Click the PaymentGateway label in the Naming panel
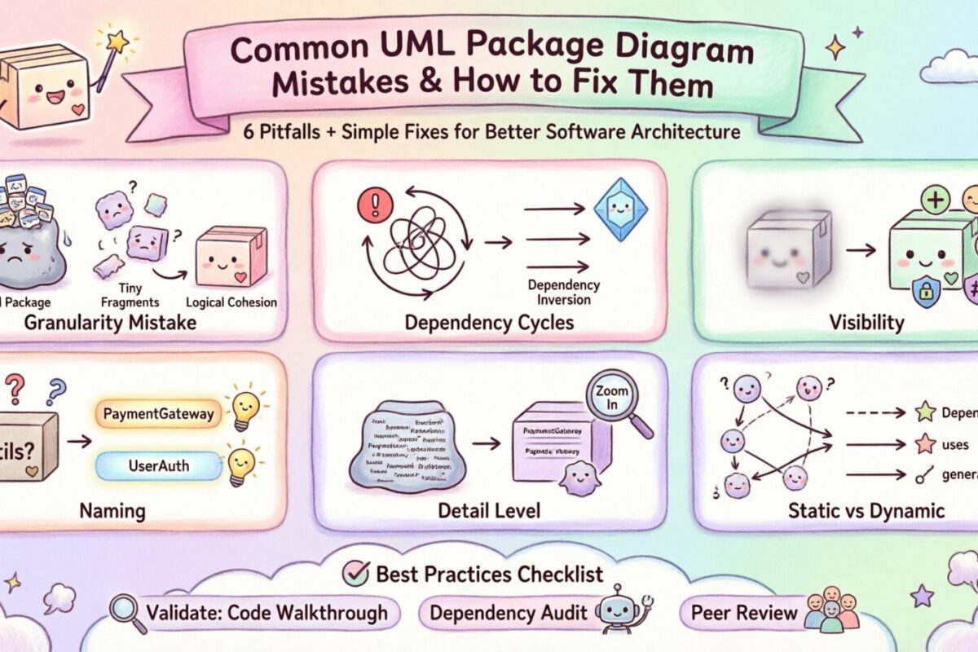(x=159, y=413)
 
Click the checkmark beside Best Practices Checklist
(x=355, y=573)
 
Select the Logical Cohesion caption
(x=231, y=302)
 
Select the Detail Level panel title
(x=489, y=511)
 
